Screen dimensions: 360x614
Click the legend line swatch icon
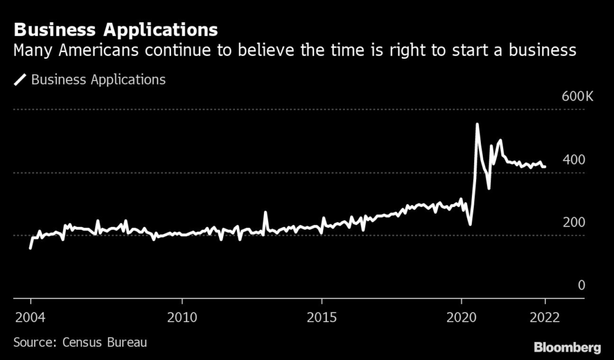click(21, 80)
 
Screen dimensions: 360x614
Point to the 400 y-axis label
click(573, 160)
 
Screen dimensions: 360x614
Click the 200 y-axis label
click(573, 222)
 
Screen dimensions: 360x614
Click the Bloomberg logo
click(567, 347)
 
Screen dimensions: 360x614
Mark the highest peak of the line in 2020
click(477, 125)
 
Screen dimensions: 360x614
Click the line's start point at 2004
click(31, 247)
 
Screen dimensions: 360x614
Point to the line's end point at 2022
click(544, 167)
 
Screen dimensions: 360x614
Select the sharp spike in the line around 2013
click(266, 212)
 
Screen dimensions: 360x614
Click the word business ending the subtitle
click(541, 50)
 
